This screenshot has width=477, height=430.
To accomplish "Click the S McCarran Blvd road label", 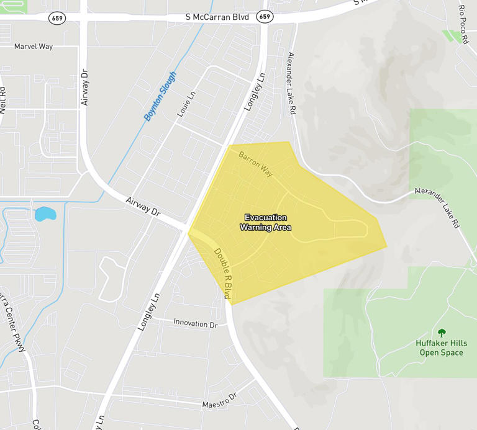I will [x=217, y=17].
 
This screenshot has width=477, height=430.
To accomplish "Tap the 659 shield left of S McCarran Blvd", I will [x=58, y=18].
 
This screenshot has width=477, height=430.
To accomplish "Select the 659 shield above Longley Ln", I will [x=265, y=17].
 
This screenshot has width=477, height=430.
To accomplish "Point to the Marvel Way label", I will [x=34, y=47].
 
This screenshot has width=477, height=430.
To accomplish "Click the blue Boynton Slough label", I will [x=160, y=96].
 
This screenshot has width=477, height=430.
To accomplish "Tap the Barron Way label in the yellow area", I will [x=256, y=162].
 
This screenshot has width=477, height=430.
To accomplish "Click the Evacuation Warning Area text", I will [x=265, y=223].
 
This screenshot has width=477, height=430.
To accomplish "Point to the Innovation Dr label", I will [x=196, y=324].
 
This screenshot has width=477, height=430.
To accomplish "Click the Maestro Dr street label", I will [x=220, y=401].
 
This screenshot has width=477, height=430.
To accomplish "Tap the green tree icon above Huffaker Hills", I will [x=442, y=333].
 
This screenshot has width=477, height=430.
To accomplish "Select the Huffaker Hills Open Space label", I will [x=441, y=348].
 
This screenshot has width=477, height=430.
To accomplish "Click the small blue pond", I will [x=45, y=215].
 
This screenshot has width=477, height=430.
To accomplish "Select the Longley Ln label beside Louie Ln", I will [x=254, y=92].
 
